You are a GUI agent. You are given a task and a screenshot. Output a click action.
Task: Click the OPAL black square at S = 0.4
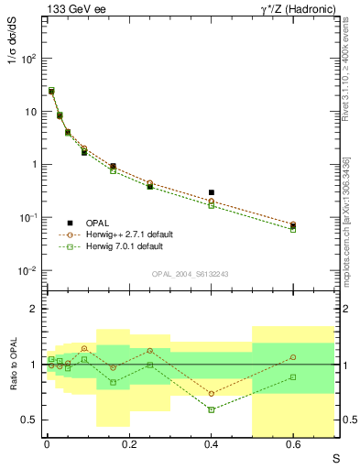(x=211, y=193)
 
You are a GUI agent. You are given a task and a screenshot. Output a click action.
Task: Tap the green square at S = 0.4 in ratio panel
(x=211, y=409)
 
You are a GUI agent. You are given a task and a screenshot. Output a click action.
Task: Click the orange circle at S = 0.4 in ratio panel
(x=211, y=394)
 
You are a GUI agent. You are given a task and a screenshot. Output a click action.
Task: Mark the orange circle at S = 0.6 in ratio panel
(x=293, y=357)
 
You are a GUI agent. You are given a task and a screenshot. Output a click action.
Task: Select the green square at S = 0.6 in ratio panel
(x=293, y=376)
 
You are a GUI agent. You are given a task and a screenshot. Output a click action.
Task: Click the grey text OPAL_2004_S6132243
(x=190, y=273)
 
